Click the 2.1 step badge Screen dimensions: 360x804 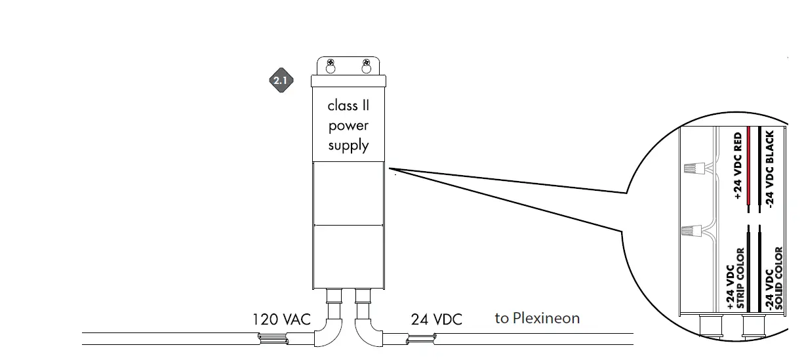pos(280,81)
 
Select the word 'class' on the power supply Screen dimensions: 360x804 pos(342,106)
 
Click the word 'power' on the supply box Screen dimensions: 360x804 pos(348,126)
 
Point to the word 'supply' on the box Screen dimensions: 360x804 pos(348,146)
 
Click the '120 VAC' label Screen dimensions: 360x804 pos(281,320)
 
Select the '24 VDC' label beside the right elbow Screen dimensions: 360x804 pos(436,320)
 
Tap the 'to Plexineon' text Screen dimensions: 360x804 pos(537,319)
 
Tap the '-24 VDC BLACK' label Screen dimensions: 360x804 pos(770,168)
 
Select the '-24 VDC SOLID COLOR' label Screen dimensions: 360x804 pos(774,278)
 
